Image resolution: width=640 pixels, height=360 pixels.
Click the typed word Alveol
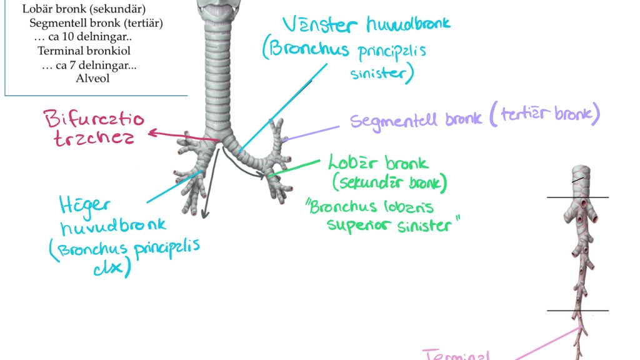click(x=92, y=78)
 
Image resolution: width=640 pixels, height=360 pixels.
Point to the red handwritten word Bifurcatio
click(x=94, y=119)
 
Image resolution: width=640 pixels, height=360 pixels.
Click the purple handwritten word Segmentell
click(x=396, y=120)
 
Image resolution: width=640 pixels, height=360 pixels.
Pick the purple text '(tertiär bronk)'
click(x=543, y=114)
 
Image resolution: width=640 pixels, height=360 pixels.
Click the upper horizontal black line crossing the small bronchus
click(x=577, y=197)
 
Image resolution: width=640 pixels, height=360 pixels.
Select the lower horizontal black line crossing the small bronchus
click(x=577, y=311)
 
